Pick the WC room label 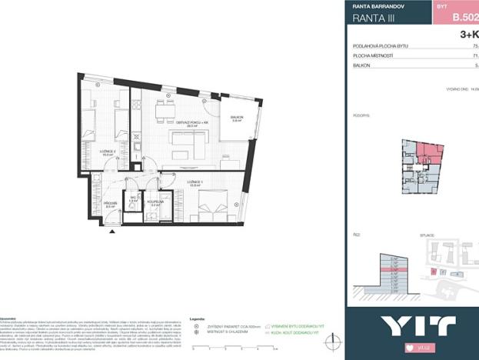click(132, 198)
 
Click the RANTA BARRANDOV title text click(376, 6)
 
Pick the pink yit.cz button click(412, 348)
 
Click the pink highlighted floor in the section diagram click(394, 270)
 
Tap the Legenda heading click(197, 318)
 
